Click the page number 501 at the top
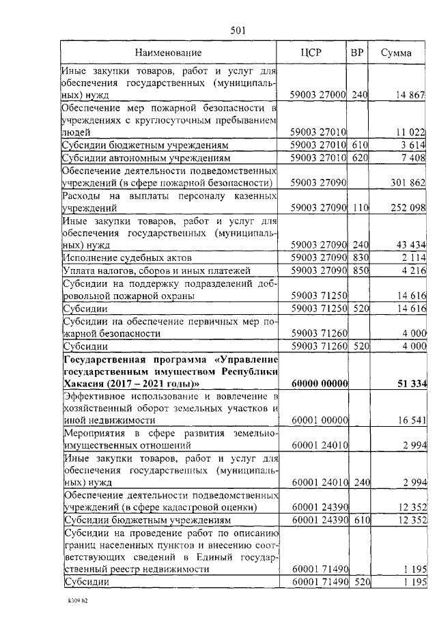(x=238, y=29)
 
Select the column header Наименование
(x=168, y=52)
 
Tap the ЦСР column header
(x=311, y=52)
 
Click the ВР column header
(x=356, y=52)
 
